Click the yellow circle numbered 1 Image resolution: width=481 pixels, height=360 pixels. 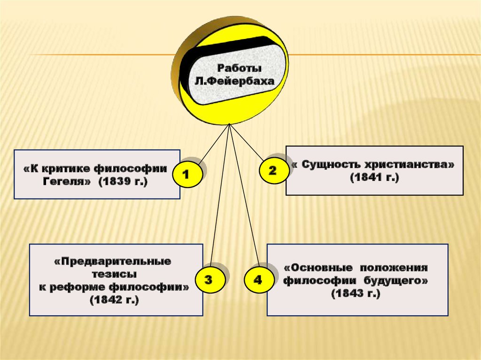(x=186, y=176)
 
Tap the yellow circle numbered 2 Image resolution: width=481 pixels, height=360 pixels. (x=272, y=171)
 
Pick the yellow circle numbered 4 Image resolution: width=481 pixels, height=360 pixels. (x=257, y=281)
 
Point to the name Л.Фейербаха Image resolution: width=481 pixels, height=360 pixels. (x=234, y=81)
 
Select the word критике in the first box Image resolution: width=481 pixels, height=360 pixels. (x=68, y=168)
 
